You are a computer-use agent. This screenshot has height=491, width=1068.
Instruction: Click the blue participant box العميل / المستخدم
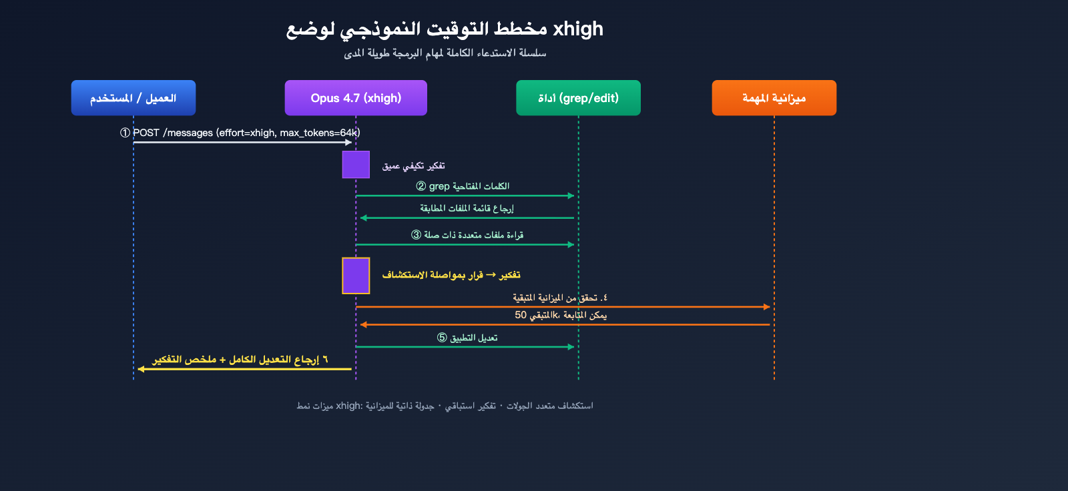pos(133,98)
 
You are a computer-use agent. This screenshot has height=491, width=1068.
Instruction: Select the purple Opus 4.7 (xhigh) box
pos(356,98)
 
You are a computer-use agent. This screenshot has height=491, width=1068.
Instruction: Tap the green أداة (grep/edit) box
pos(578,98)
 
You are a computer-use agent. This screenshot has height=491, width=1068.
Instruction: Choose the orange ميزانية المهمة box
pos(774,98)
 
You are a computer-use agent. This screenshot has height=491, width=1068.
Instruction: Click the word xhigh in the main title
pos(578,29)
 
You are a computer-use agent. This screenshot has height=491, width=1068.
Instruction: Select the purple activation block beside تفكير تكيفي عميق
pos(356,165)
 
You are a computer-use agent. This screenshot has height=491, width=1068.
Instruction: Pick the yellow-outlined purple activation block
pos(356,276)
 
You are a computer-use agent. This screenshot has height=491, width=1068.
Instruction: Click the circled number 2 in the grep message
pos(421,186)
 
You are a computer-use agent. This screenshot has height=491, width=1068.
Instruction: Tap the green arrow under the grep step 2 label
pos(465,195)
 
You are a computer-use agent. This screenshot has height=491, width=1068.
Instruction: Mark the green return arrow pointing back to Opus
pos(467,218)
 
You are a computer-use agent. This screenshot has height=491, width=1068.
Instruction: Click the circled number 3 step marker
pos(416,235)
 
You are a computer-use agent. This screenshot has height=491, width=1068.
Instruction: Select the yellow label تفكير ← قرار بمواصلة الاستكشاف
pos(451,275)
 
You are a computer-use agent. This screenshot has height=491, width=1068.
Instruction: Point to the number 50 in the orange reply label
pos(521,315)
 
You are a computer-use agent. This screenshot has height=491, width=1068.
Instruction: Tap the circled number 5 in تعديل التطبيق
pos(442,338)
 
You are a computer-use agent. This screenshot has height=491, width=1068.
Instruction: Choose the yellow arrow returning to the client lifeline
pos(244,369)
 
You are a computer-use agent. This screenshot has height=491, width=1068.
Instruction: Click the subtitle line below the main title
pos(445,53)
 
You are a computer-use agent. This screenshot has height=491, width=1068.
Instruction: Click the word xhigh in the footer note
pos(348,406)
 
